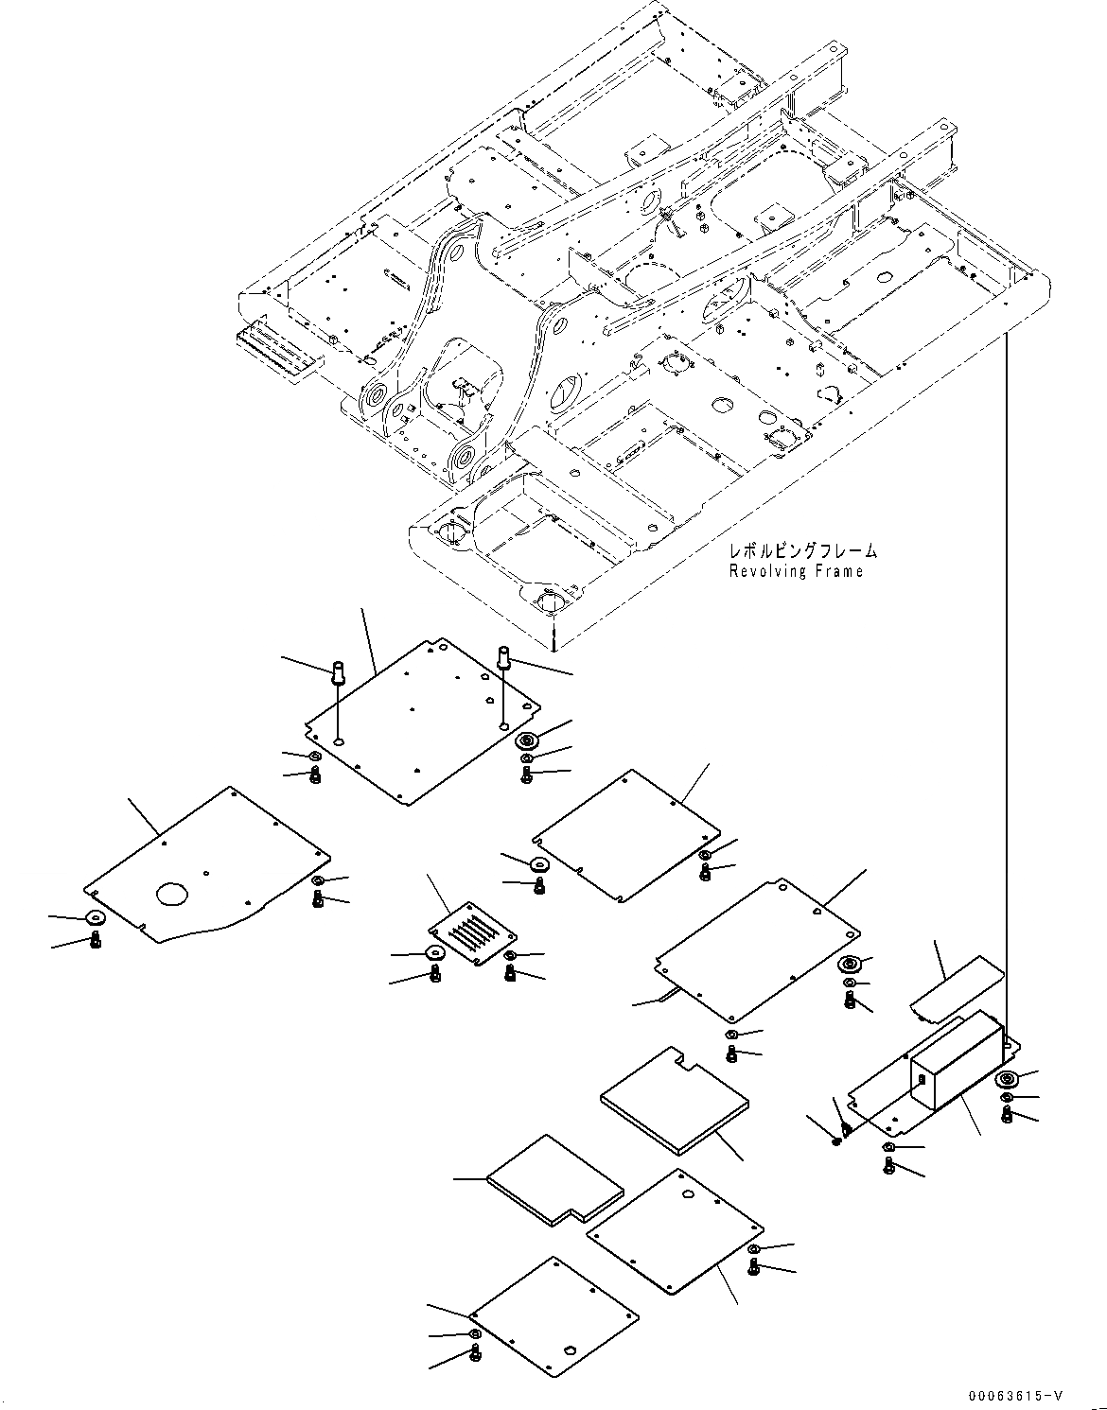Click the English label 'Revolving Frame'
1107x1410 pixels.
(x=796, y=571)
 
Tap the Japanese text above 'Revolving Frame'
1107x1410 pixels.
(x=802, y=550)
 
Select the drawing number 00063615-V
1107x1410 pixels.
(x=1013, y=1395)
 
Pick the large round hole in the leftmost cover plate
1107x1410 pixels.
(x=173, y=893)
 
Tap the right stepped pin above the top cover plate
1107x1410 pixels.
(x=502, y=654)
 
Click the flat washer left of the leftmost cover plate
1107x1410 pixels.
(x=96, y=917)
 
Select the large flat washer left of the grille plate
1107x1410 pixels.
(x=435, y=952)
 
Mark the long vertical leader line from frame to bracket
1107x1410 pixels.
(x=1007, y=681)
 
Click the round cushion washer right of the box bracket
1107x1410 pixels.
(x=1007, y=1080)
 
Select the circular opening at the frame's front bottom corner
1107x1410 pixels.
(x=549, y=602)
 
